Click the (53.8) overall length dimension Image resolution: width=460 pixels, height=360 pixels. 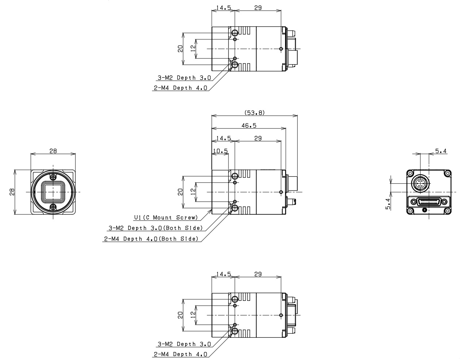[255, 113]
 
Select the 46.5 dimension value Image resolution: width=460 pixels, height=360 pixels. [249, 126]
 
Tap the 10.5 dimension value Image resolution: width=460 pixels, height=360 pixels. [221, 151]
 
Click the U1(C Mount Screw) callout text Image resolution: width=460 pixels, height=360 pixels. [166, 218]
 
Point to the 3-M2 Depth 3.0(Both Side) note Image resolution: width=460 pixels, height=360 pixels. [156, 228]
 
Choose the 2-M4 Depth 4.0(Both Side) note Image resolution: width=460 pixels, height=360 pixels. [151, 239]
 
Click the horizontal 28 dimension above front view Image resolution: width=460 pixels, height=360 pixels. [53, 151]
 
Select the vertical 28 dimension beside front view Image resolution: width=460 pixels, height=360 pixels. [12, 192]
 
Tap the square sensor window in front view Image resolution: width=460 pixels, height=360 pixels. [53, 192]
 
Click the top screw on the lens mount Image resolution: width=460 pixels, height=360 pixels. [53, 176]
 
